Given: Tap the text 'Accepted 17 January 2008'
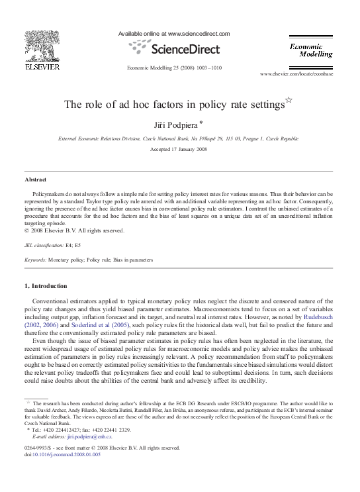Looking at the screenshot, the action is [179, 149].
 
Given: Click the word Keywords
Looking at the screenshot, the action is [34, 260].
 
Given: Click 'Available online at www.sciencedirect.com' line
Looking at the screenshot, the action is [173, 33].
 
